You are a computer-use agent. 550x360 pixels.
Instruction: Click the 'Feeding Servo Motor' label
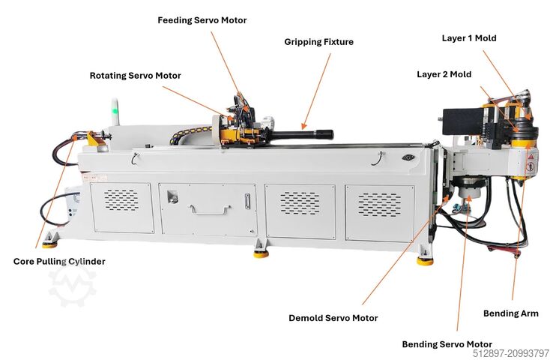pos(202,20)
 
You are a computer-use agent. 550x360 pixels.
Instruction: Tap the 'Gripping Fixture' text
pos(318,43)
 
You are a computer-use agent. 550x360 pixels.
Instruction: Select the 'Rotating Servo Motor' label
pos(135,76)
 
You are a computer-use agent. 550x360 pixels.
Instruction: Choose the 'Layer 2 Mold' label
pos(445,74)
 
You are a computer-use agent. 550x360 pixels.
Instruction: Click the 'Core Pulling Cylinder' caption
pos(59,262)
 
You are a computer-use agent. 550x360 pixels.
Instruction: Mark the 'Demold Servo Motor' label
pos(333,318)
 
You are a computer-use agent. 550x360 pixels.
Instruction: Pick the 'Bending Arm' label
pos(511,313)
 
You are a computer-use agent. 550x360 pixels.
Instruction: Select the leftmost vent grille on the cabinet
pos(121,199)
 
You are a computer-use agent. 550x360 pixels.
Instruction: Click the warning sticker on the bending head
pos(532,160)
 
